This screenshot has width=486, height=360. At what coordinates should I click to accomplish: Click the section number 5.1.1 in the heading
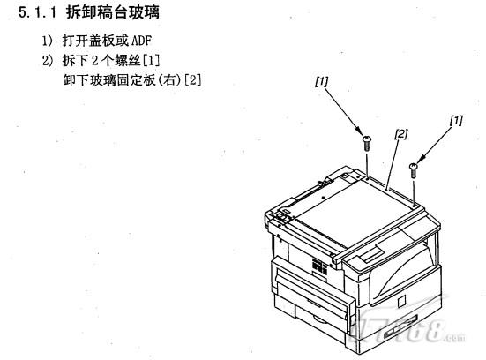pos(38,12)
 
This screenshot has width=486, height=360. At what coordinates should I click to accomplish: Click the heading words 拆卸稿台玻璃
pos(113,12)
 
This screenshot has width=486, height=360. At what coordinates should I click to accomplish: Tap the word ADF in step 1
pos(141,41)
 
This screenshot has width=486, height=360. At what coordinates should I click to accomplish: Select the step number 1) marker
pos(48,41)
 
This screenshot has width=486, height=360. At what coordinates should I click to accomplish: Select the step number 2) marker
pos(48,61)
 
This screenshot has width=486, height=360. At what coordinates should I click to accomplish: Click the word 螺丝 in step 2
pos(128,61)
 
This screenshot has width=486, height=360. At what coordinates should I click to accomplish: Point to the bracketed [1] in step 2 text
pos(151,61)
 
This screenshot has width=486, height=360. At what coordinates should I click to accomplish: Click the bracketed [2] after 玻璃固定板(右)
pos(192,80)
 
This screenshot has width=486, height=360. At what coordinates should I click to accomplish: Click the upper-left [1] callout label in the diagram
pos(321,81)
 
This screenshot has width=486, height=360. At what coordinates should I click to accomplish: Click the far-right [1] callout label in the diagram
pos(456,120)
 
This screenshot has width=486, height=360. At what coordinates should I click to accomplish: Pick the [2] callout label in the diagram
pos(401,134)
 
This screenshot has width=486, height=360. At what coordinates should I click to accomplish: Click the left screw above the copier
pos(367,143)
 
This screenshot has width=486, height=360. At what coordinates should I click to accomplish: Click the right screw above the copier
pos(413,170)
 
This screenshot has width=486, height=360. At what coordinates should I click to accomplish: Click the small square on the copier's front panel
pos(401,301)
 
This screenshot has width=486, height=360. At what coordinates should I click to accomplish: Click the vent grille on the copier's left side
pos(319,266)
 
